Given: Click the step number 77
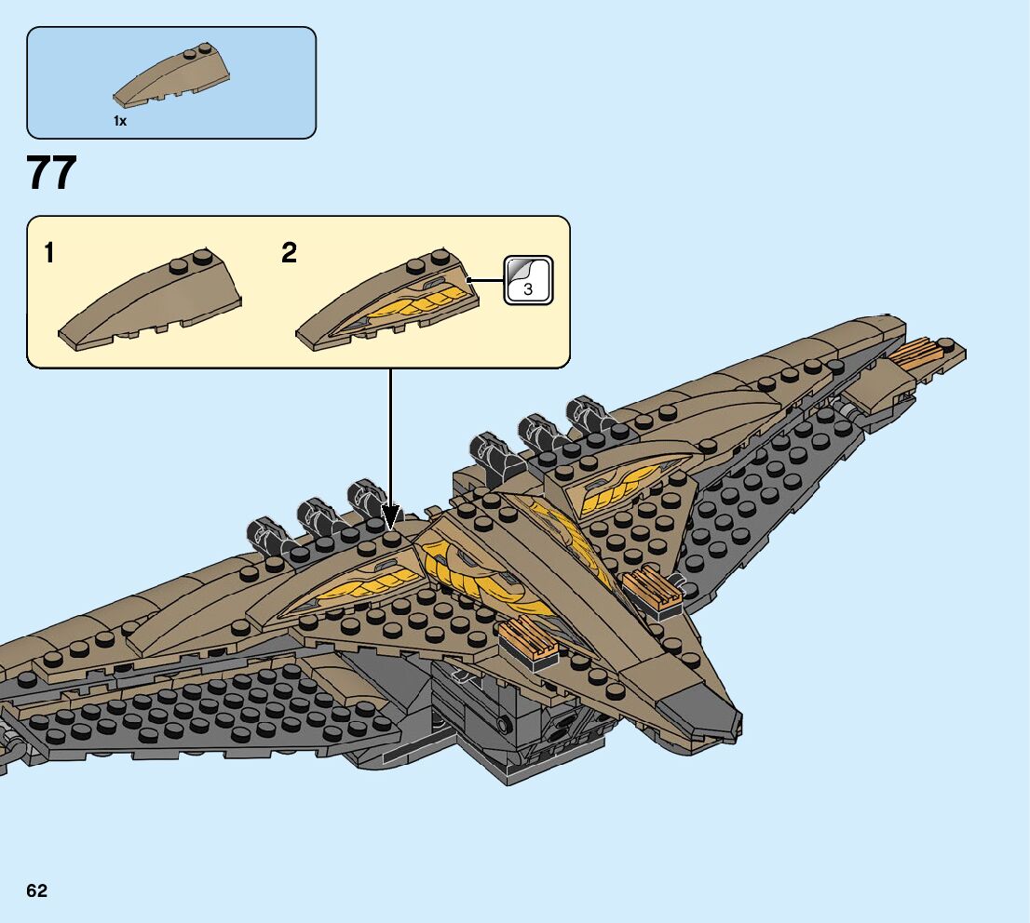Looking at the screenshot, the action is click(52, 173).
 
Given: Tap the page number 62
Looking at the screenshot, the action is click(37, 891).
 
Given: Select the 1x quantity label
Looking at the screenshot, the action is click(120, 121).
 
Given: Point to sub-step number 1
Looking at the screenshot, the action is click(50, 253).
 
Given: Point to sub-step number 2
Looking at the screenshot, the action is click(290, 253).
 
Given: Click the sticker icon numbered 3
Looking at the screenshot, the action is click(528, 280).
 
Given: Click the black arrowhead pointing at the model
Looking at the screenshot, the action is click(391, 515).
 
